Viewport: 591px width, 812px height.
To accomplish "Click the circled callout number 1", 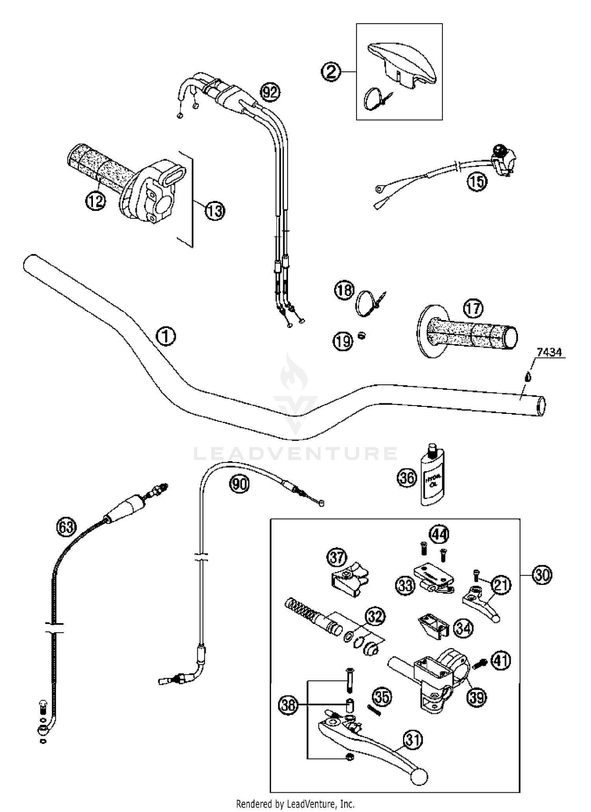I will click(x=166, y=336).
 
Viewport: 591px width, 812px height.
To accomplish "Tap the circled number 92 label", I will click(x=270, y=93).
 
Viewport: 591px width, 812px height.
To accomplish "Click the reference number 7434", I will click(x=549, y=352).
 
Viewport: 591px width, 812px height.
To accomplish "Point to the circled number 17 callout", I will click(x=473, y=308).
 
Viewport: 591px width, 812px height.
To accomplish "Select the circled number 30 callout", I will click(x=542, y=575).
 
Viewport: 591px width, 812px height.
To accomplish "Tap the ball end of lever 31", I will click(x=419, y=777).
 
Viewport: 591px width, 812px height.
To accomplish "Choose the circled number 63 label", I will click(x=66, y=527).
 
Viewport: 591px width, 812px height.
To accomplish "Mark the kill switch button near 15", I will click(x=500, y=150).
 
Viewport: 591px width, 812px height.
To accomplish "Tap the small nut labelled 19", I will click(x=362, y=335).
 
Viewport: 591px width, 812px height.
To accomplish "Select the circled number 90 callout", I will click(x=240, y=483).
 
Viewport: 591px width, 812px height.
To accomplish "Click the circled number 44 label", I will click(x=439, y=535).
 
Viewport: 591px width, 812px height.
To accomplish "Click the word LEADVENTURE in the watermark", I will click(x=295, y=453).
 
